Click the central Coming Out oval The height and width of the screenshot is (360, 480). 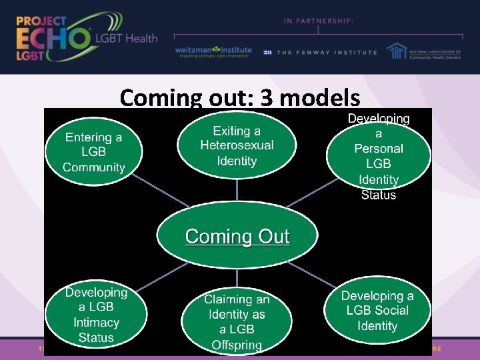point(237,237)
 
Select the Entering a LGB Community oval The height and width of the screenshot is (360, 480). point(94,153)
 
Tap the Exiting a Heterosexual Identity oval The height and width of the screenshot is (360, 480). point(237,146)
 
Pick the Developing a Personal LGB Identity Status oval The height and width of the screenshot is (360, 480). point(378,157)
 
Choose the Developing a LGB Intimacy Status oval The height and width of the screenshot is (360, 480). point(96,315)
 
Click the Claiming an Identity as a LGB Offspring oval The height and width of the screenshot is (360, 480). point(237,322)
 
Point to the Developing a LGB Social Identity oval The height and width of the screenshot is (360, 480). point(377,311)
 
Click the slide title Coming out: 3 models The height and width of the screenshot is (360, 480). point(240,98)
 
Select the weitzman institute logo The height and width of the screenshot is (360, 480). point(213,52)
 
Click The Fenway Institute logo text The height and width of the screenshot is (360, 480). point(327,52)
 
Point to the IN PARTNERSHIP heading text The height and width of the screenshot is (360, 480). point(319,21)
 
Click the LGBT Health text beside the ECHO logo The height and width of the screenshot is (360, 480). point(127,38)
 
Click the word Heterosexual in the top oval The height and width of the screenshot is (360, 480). point(237,146)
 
